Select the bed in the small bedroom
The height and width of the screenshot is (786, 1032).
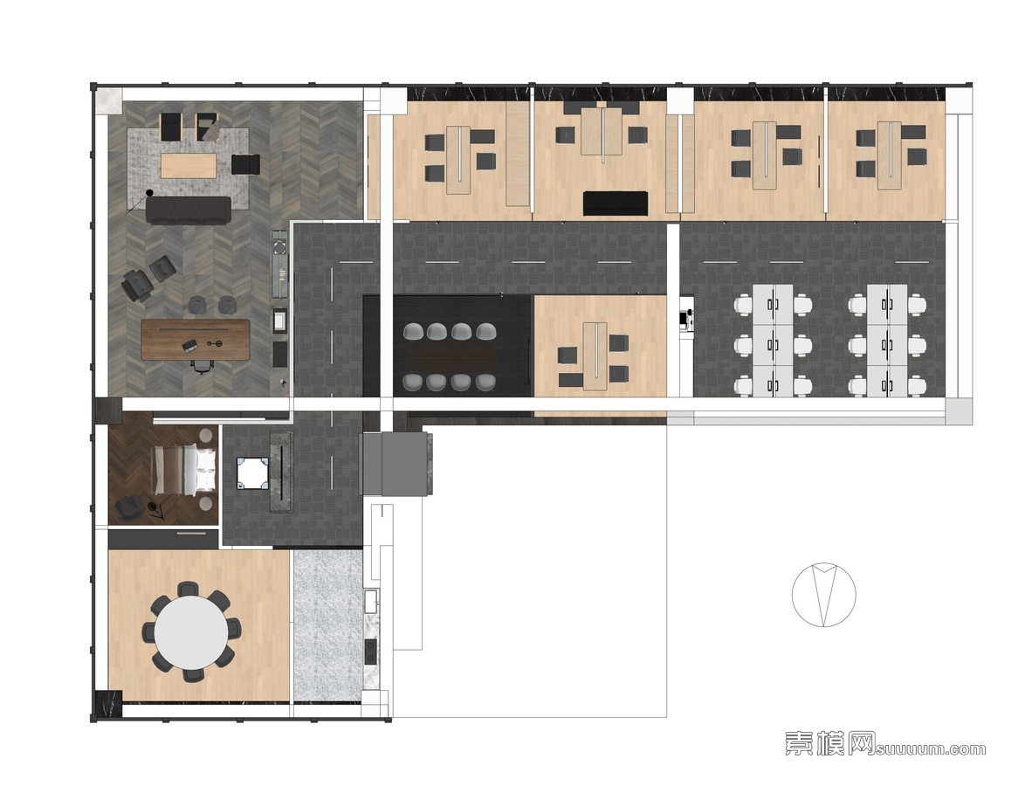click(x=184, y=469)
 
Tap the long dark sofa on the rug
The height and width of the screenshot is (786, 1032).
click(x=189, y=210)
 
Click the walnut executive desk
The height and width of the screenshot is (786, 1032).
click(x=196, y=340)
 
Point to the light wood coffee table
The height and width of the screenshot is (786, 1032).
click(x=189, y=165)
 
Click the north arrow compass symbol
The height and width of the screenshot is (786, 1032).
click(x=824, y=594)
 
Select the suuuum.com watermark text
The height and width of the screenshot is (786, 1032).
click(x=931, y=748)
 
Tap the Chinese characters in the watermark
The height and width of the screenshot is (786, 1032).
click(x=829, y=744)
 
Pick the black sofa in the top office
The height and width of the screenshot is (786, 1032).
click(x=616, y=203)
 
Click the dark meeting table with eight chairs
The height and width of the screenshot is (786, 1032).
click(x=451, y=357)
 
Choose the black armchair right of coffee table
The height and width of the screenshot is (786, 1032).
click(x=245, y=164)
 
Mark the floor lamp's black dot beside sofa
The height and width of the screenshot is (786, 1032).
click(x=149, y=193)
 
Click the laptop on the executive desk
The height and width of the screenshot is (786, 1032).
click(x=190, y=344)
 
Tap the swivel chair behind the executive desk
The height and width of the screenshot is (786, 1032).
click(x=202, y=366)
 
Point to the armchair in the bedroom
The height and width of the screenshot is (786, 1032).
click(x=127, y=507)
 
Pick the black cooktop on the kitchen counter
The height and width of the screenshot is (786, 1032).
click(x=371, y=652)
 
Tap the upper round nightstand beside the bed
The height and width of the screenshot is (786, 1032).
click(x=206, y=435)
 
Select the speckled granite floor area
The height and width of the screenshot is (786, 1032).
click(x=327, y=624)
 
